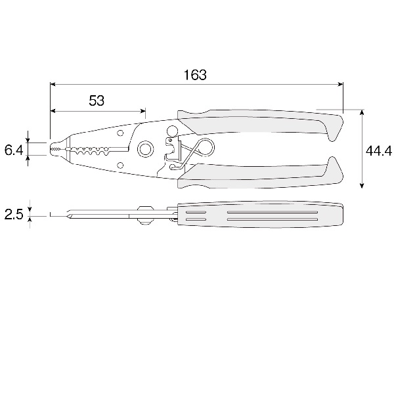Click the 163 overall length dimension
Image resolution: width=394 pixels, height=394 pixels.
pos(195,75)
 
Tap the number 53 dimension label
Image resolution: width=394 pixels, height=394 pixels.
pos(97,100)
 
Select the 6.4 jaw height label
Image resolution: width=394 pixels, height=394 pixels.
pos(14,150)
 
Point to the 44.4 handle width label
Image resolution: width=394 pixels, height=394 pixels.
pos(379,151)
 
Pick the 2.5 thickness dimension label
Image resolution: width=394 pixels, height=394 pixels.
pos(14,215)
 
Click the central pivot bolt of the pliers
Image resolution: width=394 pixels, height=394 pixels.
pos(145,150)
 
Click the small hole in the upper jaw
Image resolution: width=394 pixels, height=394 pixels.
pos(120,133)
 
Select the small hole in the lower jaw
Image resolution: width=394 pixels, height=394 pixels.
pos(120,165)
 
